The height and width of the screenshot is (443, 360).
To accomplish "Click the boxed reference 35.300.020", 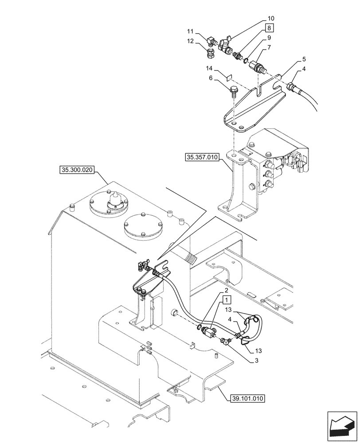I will click(x=77, y=170).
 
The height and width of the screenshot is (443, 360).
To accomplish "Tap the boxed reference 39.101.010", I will click(x=247, y=398).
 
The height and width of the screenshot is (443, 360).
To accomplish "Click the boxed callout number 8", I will click(x=270, y=28).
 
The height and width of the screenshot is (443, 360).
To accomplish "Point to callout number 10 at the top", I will click(x=270, y=18).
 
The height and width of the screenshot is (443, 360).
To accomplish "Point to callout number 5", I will click(x=292, y=58).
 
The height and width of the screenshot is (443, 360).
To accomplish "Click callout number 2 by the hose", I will click(x=226, y=290).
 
